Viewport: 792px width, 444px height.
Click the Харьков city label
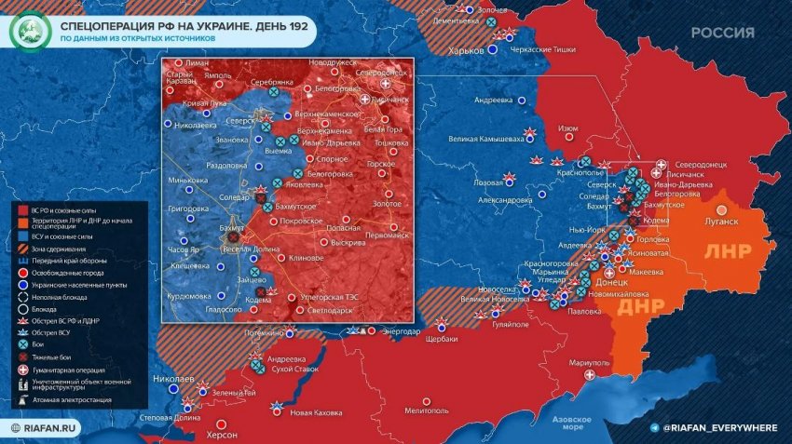[466, 48]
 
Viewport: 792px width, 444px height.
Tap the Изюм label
[567, 128]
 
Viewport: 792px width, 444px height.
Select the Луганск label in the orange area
[742, 222]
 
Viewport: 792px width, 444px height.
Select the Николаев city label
[172, 379]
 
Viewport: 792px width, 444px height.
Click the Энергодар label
[402, 331]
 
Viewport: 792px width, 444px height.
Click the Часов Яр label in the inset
[183, 250]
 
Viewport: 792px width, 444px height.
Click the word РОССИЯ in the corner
[722, 32]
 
